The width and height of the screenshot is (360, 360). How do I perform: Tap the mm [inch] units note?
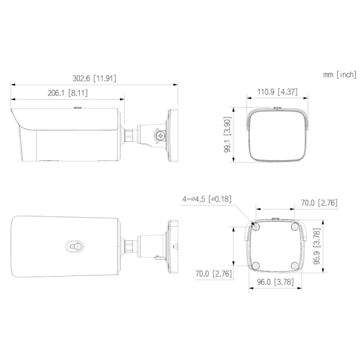pos(339,74)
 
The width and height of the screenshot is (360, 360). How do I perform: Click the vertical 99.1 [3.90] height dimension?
pos(229,135)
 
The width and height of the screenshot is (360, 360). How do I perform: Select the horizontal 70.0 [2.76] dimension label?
pos(319,203)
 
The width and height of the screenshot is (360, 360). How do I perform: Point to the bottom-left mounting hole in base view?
pos(255,265)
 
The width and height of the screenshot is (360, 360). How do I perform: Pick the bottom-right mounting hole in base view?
pos(293,265)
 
